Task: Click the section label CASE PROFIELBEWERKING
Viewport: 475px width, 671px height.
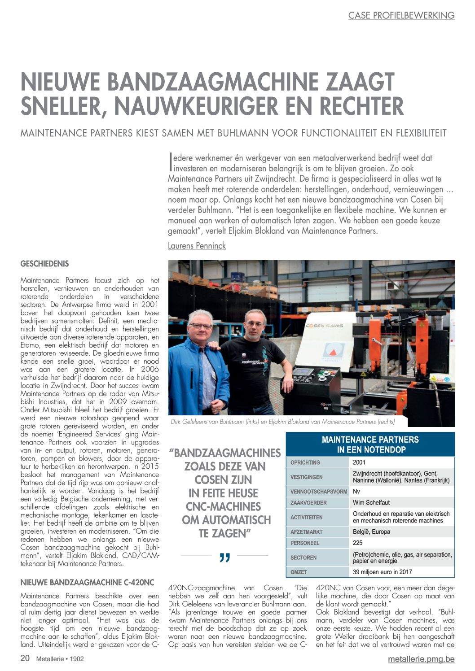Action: (401, 15)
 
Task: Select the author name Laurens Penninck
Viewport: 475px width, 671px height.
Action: (197, 246)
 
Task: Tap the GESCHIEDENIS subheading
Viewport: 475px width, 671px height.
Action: (44, 264)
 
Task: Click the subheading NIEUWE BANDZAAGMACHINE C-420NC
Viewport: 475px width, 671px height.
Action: (87, 583)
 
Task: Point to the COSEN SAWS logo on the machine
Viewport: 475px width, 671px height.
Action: (325, 326)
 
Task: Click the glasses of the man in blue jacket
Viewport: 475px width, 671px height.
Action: (200, 326)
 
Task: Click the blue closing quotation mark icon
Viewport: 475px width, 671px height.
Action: (224, 558)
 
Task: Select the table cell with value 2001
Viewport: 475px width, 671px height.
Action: (359, 462)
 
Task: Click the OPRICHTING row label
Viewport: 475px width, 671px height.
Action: (305, 462)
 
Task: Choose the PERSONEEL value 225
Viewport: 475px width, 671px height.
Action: (358, 543)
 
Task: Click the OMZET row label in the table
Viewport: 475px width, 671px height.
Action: (299, 572)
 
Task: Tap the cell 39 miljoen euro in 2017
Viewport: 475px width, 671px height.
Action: (382, 572)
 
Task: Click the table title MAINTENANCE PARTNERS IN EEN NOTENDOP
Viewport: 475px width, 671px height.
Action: (370, 444)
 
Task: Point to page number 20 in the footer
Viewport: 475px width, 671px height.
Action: (25, 658)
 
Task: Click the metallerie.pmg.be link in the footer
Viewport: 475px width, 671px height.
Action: (421, 659)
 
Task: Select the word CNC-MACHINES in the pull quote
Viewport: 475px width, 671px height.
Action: (223, 506)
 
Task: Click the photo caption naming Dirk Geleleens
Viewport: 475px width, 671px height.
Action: (282, 422)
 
